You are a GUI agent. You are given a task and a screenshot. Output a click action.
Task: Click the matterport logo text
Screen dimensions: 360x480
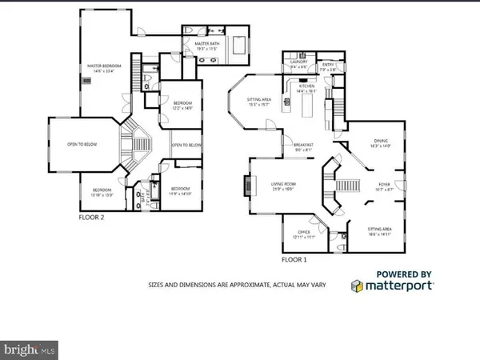click(399, 285)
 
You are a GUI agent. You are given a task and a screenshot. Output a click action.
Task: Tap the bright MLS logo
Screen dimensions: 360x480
click(30, 349)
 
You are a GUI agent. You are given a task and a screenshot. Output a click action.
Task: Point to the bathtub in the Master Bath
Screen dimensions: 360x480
click(239, 44)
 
